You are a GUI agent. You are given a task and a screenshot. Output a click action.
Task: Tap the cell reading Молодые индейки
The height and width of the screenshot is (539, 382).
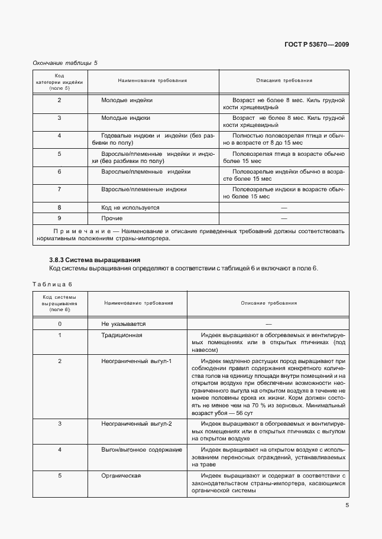[x=127, y=101]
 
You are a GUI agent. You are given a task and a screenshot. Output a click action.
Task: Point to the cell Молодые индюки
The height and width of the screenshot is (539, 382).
[x=125, y=118]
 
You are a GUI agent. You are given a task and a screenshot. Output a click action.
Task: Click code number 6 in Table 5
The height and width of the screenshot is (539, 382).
[x=60, y=172]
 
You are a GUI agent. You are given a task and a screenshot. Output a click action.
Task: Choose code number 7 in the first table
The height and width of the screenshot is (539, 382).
[x=60, y=190]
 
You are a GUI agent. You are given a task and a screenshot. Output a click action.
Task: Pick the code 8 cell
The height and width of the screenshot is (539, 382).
[x=60, y=208]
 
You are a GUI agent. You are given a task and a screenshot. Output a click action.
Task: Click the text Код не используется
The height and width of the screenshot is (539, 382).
[x=130, y=208]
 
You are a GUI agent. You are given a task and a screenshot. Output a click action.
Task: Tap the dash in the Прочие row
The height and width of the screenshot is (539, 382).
[x=284, y=218]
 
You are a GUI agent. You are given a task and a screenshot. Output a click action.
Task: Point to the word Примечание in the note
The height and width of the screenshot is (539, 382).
[x=79, y=231]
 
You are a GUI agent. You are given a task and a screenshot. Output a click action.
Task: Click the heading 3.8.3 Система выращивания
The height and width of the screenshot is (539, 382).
[x=94, y=260]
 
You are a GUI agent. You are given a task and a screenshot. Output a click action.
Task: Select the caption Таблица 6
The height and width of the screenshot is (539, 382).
[x=52, y=284]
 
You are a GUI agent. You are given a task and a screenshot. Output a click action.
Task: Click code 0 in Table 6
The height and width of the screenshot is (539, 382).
[x=60, y=324]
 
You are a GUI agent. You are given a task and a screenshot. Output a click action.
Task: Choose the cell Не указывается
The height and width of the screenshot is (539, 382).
[x=124, y=324]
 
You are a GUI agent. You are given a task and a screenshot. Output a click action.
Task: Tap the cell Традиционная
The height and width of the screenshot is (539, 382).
[x=122, y=335]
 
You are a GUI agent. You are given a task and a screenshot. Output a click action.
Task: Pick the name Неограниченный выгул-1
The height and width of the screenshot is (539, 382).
[x=137, y=361]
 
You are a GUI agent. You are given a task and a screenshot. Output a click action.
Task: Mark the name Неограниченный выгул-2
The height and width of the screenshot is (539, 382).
[x=137, y=424]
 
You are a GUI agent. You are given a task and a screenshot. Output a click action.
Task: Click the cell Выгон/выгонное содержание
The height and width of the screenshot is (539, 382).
[x=141, y=450]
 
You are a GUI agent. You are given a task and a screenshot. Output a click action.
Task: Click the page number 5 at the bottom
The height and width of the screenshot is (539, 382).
[x=347, y=505]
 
